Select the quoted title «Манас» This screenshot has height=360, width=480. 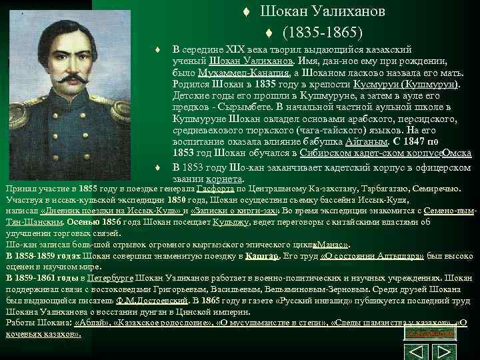click(x=332, y=245)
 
